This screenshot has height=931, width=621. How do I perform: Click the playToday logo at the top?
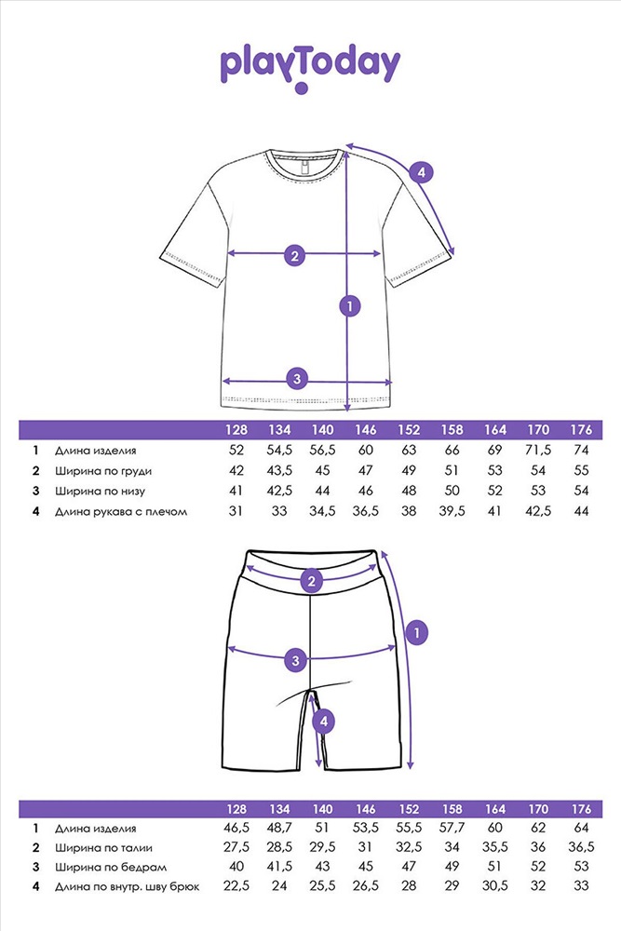310,65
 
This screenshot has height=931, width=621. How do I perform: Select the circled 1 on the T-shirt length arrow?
350,305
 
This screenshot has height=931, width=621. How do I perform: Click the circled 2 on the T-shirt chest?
295,254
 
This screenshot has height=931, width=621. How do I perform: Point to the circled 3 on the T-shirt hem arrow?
296,378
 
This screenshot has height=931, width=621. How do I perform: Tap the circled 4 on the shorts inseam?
323,720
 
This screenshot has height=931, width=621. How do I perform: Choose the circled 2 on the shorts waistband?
312,582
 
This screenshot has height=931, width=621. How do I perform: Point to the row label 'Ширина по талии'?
103,848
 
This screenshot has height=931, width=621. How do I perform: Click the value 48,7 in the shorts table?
280,828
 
